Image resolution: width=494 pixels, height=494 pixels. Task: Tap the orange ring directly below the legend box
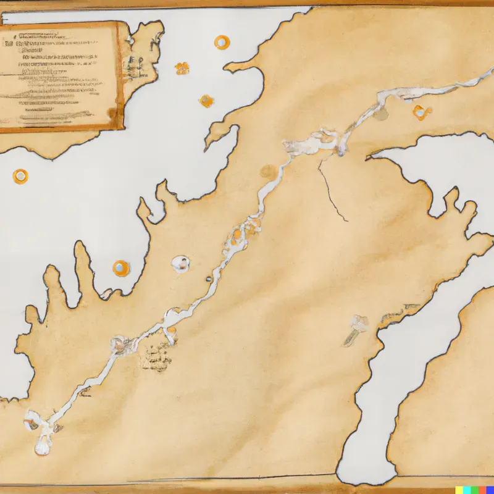coord(20,176)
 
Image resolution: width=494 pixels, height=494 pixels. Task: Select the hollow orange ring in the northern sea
coord(221,42)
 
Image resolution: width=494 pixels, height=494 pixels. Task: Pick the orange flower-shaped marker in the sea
coord(182,68)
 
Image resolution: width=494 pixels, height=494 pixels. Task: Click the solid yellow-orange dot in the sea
coord(206,101)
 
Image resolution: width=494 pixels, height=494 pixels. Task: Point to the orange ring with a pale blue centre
coord(121,267)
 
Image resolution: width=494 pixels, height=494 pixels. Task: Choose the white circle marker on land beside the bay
coord(180,264)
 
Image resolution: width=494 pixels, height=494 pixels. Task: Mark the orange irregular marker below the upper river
coord(421,112)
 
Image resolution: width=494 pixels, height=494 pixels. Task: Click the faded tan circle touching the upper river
coord(382,114)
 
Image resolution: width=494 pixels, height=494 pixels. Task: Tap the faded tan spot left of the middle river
coord(269,171)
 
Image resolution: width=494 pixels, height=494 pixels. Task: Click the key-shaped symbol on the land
coord(356,328)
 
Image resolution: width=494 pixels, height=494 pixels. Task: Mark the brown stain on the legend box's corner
coord(112,114)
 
